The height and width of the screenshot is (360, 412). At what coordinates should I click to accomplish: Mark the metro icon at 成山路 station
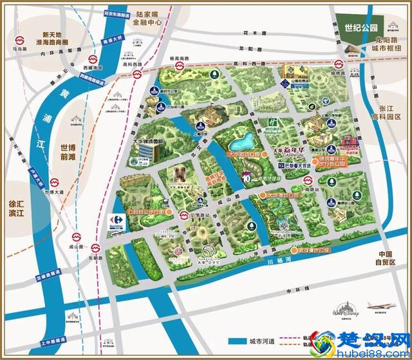tap(77, 236)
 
